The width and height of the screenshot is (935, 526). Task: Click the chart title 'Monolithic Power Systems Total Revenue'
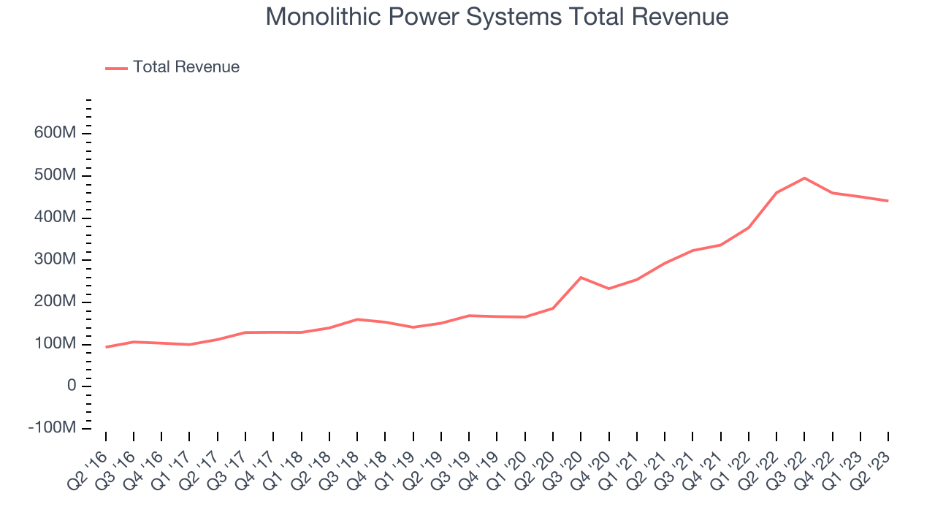click(497, 16)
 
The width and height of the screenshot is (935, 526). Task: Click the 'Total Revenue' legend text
click(186, 67)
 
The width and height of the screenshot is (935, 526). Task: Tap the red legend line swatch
click(117, 68)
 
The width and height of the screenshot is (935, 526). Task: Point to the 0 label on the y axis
click(72, 386)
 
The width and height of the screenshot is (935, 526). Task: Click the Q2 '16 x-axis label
click(88, 468)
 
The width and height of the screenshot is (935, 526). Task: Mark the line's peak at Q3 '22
click(804, 178)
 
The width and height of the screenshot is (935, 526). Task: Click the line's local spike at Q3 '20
click(581, 278)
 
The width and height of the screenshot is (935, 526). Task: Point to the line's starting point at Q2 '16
click(106, 347)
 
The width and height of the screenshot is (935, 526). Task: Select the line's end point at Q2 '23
click(888, 201)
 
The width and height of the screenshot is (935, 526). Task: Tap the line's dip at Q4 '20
click(608, 289)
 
